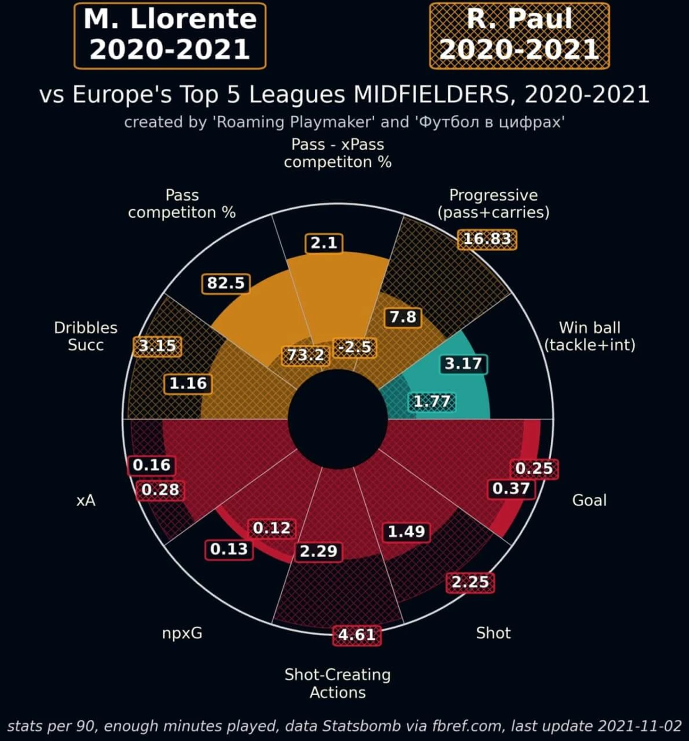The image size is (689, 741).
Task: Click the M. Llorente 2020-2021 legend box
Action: click(x=170, y=36)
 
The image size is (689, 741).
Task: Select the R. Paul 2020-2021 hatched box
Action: click(x=519, y=36)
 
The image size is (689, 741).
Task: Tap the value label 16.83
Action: click(x=487, y=239)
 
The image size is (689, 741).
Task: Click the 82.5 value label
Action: click(x=226, y=283)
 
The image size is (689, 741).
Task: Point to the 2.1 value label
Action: click(x=324, y=243)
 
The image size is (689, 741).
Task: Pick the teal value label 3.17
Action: click(x=463, y=364)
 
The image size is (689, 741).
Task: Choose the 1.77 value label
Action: click(x=432, y=401)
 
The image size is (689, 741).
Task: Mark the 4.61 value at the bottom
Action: click(x=357, y=634)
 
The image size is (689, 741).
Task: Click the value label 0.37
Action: click(x=511, y=488)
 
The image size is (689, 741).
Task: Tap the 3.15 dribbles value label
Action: click(x=157, y=346)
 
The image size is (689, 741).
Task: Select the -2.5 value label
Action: click(x=355, y=347)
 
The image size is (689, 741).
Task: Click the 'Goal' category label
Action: click(x=589, y=500)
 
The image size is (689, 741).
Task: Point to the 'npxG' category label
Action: click(x=182, y=633)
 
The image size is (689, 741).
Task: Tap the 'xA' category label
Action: click(x=86, y=501)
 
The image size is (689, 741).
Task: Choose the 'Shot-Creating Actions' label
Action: click(x=337, y=683)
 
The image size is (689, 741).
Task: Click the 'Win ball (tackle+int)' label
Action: click(x=589, y=336)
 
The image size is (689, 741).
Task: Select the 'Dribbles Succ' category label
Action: click(x=85, y=336)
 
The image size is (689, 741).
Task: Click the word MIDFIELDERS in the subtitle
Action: click(x=431, y=94)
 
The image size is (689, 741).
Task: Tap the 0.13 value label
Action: click(x=229, y=549)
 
